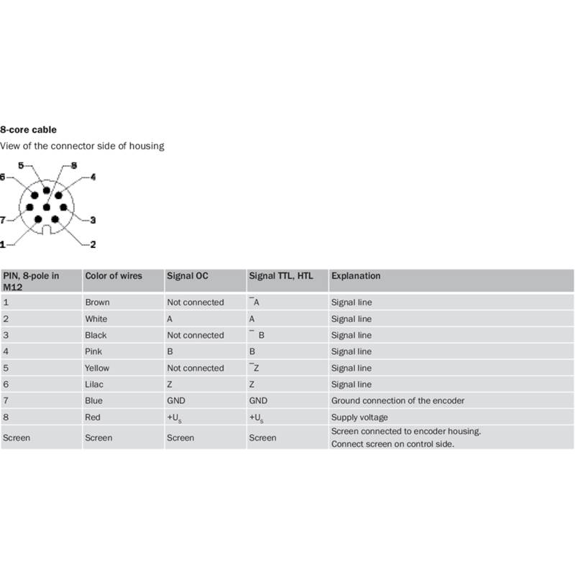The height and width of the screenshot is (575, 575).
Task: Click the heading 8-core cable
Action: (x=28, y=129)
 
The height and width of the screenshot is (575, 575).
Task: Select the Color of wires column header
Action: (x=114, y=276)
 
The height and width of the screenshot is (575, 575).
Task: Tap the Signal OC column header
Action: (x=188, y=276)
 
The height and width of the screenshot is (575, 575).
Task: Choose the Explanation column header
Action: (x=356, y=276)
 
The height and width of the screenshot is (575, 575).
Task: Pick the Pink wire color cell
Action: (x=93, y=351)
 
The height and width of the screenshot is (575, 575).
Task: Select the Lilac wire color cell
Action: (x=95, y=385)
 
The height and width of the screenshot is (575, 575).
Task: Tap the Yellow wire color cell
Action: (x=97, y=368)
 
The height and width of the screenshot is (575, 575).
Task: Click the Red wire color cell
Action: (x=93, y=417)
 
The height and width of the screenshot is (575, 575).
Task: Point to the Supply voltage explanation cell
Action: (x=359, y=417)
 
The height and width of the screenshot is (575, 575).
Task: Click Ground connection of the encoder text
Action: (x=397, y=400)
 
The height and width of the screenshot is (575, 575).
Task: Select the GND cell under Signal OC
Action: (x=175, y=400)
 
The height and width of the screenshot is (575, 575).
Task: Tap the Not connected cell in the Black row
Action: (x=195, y=335)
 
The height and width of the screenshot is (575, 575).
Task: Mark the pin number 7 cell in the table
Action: (x=6, y=400)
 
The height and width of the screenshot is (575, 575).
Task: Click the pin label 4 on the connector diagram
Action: (x=93, y=177)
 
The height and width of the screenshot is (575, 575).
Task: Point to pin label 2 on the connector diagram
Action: (x=93, y=244)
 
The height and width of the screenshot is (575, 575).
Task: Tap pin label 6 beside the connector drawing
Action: (x=3, y=177)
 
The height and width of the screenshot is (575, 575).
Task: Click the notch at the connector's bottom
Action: (x=45, y=231)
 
